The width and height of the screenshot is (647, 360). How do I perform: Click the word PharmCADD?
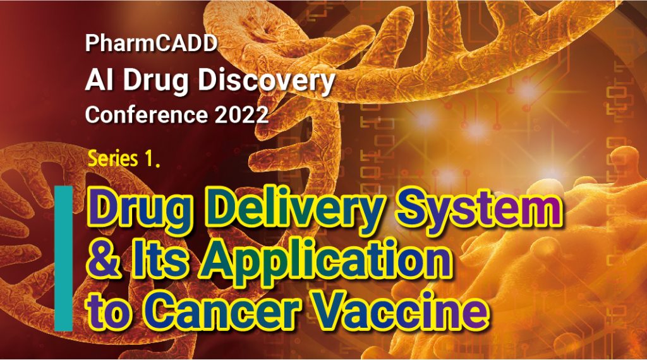coord(151,43)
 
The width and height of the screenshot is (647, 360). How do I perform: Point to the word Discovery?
coord(267,82)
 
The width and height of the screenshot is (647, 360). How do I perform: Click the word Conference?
coord(147,114)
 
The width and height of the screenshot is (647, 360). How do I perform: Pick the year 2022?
coord(242,114)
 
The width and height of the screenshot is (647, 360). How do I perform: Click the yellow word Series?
coord(113,159)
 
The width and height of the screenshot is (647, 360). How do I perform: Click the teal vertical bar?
coord(64,258)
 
